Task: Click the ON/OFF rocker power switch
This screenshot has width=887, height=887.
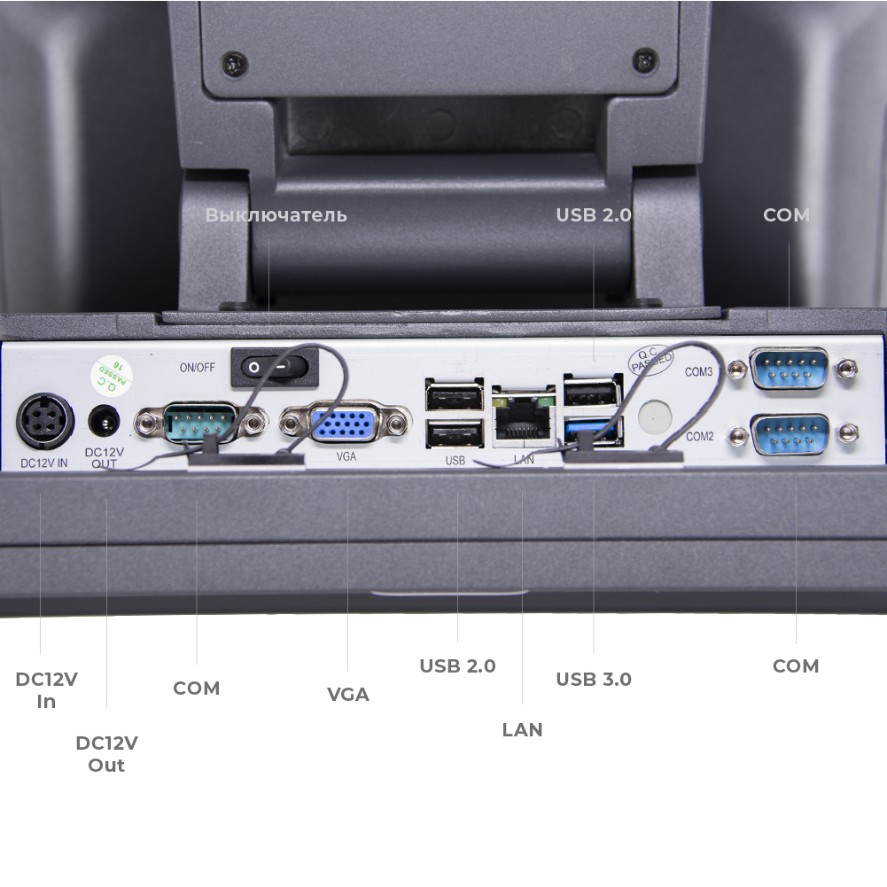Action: (274, 366)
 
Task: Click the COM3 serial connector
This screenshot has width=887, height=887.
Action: (790, 370)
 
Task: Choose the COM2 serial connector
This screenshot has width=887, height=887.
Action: (790, 434)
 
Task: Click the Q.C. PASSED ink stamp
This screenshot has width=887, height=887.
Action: (650, 361)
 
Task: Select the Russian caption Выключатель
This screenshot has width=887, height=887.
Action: (276, 215)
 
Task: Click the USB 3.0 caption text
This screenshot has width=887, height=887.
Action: (594, 680)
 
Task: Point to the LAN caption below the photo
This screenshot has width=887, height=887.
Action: (522, 729)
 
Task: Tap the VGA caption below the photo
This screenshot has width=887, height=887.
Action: (348, 694)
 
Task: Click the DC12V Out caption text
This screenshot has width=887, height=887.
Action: (106, 753)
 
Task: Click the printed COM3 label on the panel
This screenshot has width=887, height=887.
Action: (698, 372)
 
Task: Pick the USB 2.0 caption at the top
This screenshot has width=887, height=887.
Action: (594, 215)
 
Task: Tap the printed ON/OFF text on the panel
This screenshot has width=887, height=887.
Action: (196, 367)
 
